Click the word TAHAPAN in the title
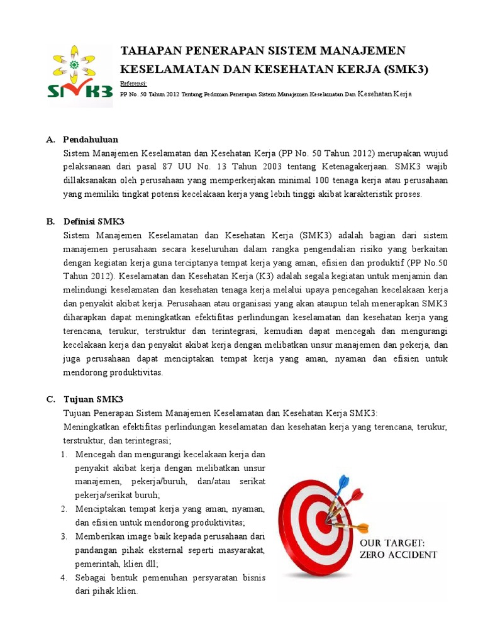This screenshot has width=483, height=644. pyautogui.click(x=149, y=51)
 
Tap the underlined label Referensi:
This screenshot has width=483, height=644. pyautogui.click(x=133, y=83)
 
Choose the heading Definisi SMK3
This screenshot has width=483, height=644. pyautogui.click(x=94, y=221)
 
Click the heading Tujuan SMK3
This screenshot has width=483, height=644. pyautogui.click(x=93, y=399)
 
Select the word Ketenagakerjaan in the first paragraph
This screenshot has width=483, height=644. pyautogui.click(x=354, y=167)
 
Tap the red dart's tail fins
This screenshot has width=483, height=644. pyautogui.click(x=357, y=494)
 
